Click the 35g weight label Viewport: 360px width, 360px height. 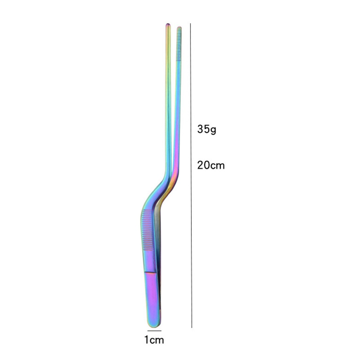point(207,129)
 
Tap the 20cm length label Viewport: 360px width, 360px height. point(211,165)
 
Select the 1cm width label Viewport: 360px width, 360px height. point(154,340)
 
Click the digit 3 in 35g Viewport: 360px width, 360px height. point(200,129)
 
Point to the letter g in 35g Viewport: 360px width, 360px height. point(213,130)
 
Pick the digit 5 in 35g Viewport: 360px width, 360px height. point(207,129)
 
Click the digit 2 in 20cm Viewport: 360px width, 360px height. point(200,165)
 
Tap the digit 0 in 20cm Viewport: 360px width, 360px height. point(207,165)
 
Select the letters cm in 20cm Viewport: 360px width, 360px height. point(217,166)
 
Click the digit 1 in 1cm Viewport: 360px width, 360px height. point(146,340)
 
